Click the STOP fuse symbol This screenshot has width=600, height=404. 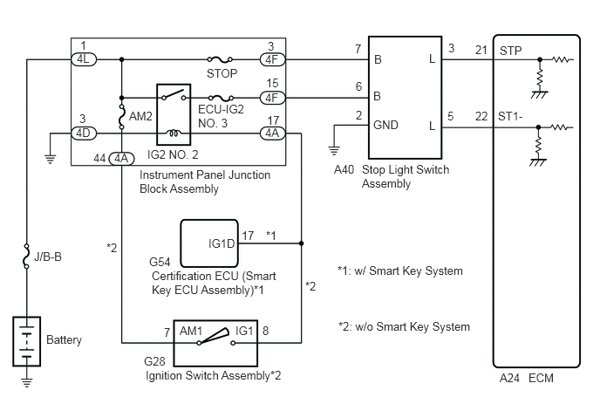tap(220, 59)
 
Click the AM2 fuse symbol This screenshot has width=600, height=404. tap(122, 116)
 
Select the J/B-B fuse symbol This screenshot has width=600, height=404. tap(26, 256)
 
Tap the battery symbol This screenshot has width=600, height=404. tap(27, 341)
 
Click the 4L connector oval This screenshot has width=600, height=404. tap(84, 59)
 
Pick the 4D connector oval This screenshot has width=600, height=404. tap(84, 134)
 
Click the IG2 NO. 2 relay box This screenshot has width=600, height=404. tap(174, 114)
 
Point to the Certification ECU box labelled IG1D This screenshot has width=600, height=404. tap(209, 243)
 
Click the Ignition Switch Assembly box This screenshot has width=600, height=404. tap(215, 343)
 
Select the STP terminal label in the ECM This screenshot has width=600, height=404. tap(510, 51)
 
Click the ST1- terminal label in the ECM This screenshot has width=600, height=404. tap(510, 116)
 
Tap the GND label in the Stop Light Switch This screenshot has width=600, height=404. tap(385, 125)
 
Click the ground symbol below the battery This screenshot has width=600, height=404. tap(27, 381)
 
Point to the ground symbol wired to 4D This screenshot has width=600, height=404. tap(50, 158)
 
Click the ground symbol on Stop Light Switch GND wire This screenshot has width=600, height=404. tap(334, 150)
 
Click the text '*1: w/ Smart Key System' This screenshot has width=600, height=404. tap(400, 270)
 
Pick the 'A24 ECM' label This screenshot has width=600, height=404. tap(527, 378)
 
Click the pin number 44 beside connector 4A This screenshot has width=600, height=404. tap(99, 158)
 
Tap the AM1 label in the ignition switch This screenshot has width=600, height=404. tap(191, 331)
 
